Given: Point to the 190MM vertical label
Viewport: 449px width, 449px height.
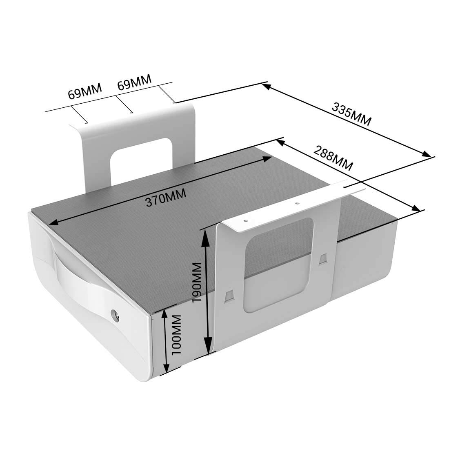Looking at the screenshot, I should [x=197, y=282].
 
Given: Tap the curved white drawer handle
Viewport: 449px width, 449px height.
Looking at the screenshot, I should [x=82, y=282].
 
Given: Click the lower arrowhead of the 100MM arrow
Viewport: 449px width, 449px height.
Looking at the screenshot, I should [x=166, y=369].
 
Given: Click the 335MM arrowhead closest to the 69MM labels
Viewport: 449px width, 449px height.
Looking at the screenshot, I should [x=266, y=86].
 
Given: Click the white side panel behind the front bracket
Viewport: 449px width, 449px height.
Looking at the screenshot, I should [x=363, y=253].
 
